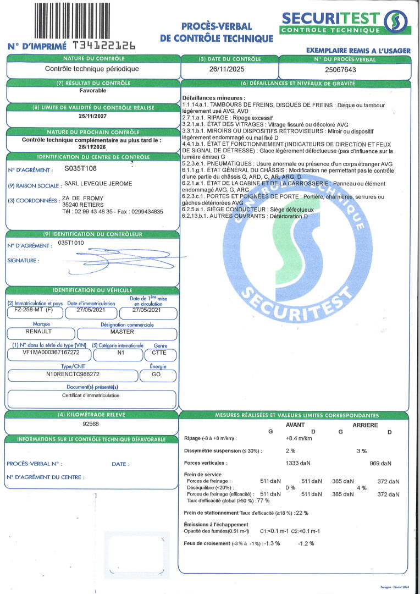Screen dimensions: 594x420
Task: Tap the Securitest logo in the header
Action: (345, 22)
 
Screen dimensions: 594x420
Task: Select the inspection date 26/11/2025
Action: (229, 70)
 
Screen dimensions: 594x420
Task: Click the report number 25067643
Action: (341, 70)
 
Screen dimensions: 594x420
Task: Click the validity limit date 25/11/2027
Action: (92, 116)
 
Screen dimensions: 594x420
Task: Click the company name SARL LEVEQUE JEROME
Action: (98, 184)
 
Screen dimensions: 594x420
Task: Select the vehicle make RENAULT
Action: (38, 332)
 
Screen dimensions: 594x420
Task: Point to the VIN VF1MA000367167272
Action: (51, 353)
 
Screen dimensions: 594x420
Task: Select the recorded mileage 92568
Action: (91, 424)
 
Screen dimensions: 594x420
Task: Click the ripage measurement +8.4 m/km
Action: (299, 438)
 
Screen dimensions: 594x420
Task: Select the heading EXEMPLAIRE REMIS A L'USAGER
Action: (358, 51)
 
